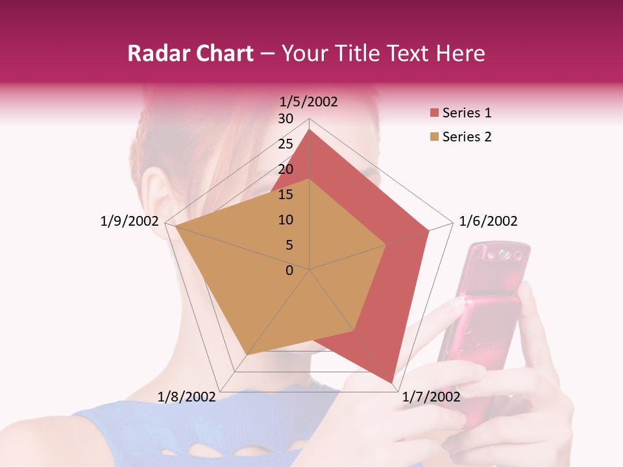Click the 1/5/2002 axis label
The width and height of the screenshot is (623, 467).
(x=308, y=101)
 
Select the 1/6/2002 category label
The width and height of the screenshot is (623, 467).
(x=488, y=221)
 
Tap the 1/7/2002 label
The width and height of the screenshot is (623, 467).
(x=431, y=396)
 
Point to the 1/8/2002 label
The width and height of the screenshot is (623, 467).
(x=187, y=396)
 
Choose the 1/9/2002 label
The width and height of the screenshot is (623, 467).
(x=130, y=221)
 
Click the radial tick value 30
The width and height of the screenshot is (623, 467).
(x=286, y=119)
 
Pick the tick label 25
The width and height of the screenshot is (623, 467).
(x=286, y=144)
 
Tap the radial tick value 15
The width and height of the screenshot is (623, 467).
(x=286, y=195)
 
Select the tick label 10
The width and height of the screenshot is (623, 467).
(x=286, y=220)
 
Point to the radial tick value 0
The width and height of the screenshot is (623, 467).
(x=289, y=270)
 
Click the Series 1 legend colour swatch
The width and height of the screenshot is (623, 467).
(x=434, y=114)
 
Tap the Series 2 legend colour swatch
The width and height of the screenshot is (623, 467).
(x=434, y=137)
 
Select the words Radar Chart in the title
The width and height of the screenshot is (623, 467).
(x=190, y=53)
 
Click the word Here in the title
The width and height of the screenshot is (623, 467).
(x=461, y=53)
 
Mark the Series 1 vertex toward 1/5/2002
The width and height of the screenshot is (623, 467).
(x=310, y=130)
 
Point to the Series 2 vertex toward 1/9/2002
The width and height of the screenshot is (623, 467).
(x=175, y=226)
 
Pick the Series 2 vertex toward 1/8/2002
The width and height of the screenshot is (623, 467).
(x=247, y=355)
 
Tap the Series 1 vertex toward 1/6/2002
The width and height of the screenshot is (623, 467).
(x=429, y=230)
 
